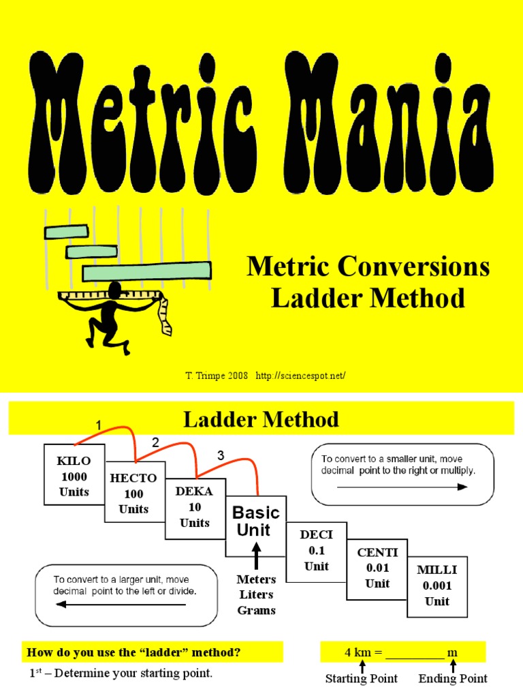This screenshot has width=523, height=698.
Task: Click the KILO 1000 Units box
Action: click(x=74, y=475)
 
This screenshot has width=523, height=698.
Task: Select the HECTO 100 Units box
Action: click(x=133, y=492)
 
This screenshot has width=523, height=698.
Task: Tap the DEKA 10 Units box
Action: click(x=195, y=506)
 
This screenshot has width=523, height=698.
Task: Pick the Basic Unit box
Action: click(x=256, y=522)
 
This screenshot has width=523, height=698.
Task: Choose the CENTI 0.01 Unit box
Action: click(x=377, y=568)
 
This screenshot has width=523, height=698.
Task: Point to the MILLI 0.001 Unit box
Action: click(x=437, y=585)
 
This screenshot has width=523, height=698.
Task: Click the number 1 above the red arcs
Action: click(x=99, y=426)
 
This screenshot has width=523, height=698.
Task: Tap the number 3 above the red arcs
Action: click(x=221, y=455)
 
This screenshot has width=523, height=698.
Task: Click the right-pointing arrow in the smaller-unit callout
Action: click(x=402, y=487)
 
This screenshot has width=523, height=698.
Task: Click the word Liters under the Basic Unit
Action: click(x=256, y=594)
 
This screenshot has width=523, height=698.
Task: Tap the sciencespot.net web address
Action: click(x=306, y=376)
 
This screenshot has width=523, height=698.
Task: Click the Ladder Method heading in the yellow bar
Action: click(x=261, y=419)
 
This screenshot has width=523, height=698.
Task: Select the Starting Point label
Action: click(x=362, y=678)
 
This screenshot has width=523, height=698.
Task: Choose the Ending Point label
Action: click(x=453, y=678)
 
